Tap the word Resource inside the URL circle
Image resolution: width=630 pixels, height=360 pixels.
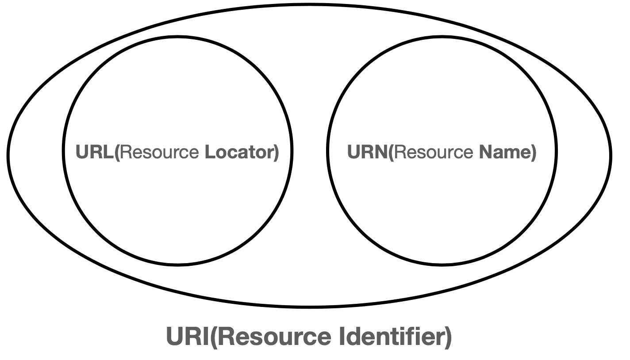(x=160, y=152)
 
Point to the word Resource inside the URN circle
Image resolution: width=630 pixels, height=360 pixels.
(x=433, y=152)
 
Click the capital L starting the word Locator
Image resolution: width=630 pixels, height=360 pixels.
(x=208, y=152)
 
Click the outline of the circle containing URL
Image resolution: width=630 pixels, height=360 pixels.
(x=177, y=36)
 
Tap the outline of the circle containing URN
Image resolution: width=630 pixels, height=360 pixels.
(x=442, y=36)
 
